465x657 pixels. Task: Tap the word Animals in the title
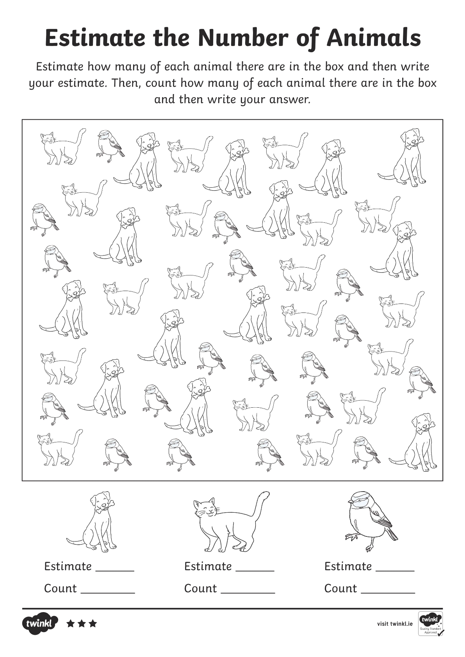(373, 38)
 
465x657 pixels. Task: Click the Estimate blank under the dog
(115, 568)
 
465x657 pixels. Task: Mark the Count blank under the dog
(108, 590)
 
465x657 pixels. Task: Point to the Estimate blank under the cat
(255, 568)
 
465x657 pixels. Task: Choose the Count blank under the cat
(248, 590)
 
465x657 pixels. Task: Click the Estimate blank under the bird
(395, 568)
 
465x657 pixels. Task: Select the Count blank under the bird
(388, 590)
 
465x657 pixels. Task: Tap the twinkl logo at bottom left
(40, 623)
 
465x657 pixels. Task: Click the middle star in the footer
(82, 623)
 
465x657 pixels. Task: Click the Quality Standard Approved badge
(431, 623)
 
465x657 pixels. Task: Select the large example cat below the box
(228, 525)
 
